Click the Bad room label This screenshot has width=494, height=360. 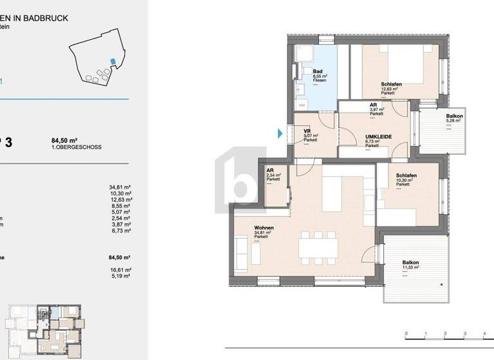coord(317,71)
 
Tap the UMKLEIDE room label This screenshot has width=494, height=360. coord(376,137)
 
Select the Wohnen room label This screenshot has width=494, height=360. coord(246,228)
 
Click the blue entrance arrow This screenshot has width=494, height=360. coord(280,134)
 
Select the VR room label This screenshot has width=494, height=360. coord(307,131)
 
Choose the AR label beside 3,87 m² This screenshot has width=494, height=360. coord(373,105)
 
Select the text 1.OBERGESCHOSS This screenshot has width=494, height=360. coord(76,147)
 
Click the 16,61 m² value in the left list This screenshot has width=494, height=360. coord(120,270)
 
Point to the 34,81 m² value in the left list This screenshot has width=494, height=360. coord(120,188)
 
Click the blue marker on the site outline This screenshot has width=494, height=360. coord(113,61)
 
